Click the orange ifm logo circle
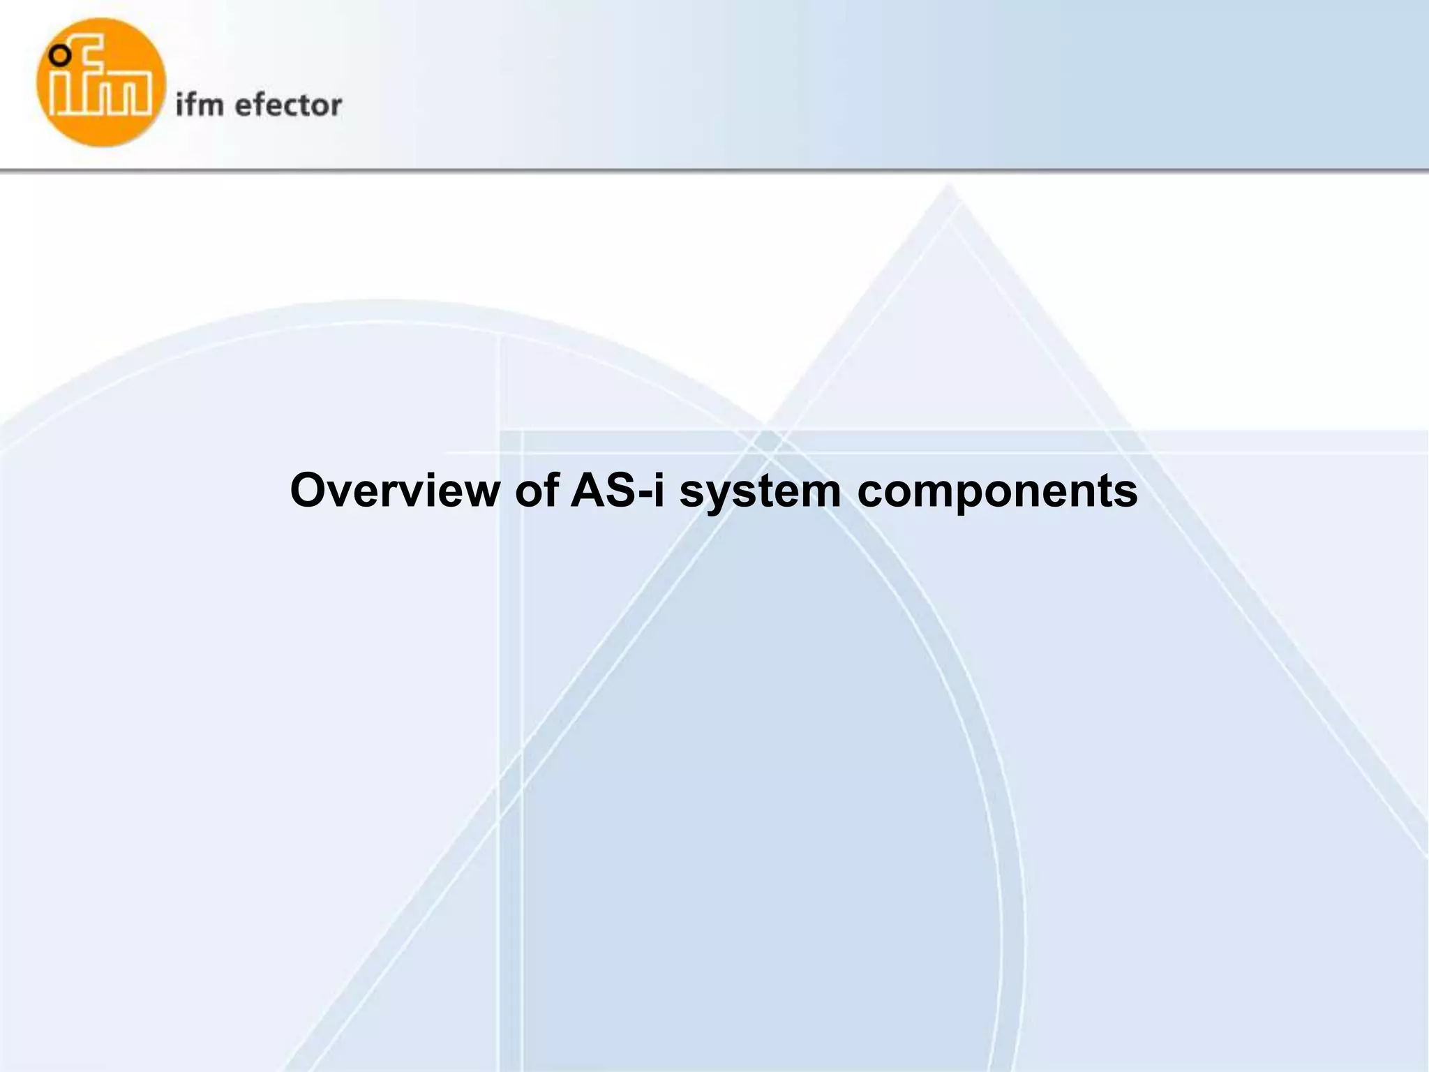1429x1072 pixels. tap(102, 82)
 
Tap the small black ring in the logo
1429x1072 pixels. tap(62, 54)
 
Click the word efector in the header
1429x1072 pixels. tap(288, 105)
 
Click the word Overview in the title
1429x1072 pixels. tap(395, 490)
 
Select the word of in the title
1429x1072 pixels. tap(537, 490)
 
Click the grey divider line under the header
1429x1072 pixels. tap(714, 170)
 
